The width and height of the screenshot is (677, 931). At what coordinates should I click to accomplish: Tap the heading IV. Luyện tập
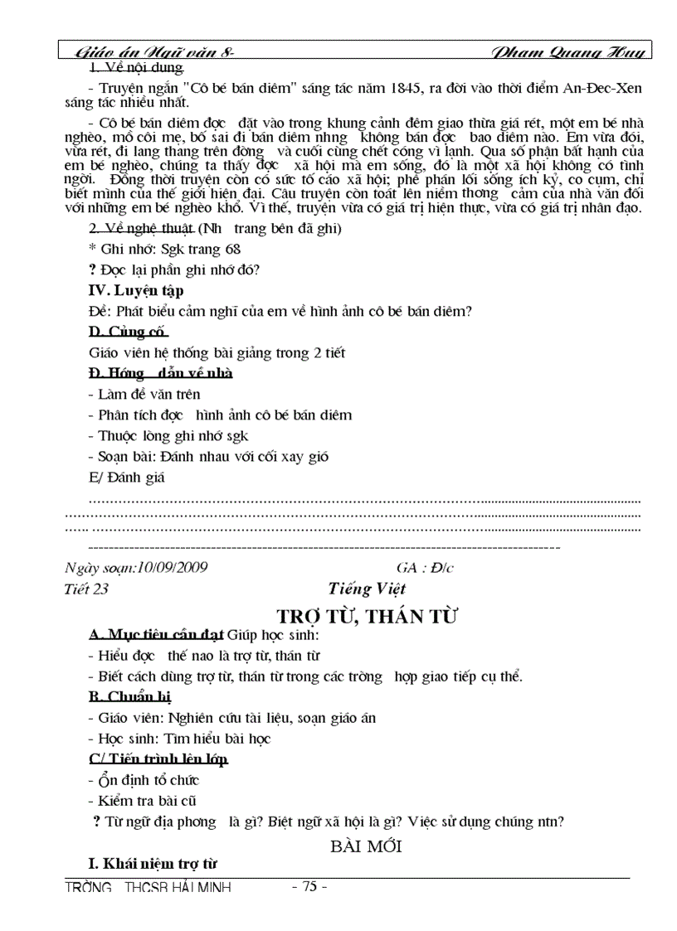[136, 290]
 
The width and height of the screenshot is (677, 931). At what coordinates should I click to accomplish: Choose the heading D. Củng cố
[128, 332]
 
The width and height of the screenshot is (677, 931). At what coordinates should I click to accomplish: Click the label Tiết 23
[85, 589]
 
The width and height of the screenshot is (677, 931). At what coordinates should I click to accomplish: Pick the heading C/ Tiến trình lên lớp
[158, 759]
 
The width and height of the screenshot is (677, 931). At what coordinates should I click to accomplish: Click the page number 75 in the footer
[310, 888]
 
